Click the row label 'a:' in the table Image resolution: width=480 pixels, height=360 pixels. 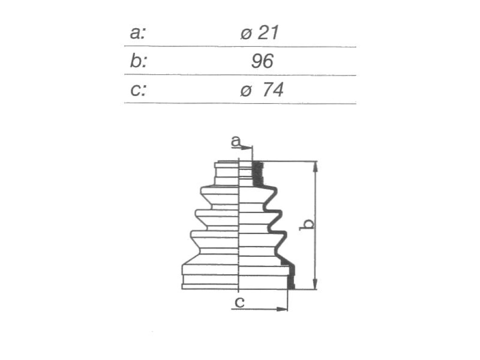(x=137, y=33)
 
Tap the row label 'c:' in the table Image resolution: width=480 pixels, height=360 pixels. (x=138, y=90)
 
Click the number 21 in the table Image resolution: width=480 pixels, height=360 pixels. (x=268, y=32)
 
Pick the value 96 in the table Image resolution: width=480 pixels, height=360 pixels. (x=262, y=61)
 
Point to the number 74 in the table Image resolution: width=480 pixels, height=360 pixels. (x=273, y=90)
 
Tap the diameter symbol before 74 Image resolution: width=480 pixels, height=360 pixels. (x=246, y=91)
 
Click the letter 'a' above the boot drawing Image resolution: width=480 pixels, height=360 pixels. (x=236, y=142)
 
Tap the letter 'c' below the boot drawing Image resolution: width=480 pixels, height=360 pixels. (x=240, y=302)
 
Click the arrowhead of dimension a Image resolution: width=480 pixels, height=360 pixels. (x=247, y=148)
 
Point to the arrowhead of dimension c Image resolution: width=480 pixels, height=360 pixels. (x=282, y=309)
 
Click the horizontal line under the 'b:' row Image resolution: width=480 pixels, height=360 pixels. (x=240, y=75)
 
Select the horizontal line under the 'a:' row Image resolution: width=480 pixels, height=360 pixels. (x=240, y=46)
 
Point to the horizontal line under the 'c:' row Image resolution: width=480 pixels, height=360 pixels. (x=240, y=104)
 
